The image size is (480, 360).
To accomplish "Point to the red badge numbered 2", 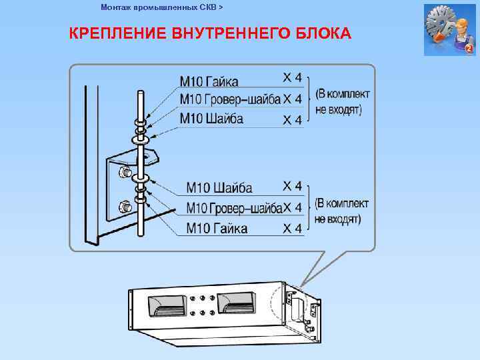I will [469, 49].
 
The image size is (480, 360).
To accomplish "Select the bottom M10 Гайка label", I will [217, 229].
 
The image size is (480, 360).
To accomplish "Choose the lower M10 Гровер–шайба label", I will [234, 209].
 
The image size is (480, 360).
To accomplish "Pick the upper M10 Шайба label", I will [211, 119].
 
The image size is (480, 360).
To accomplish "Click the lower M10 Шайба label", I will [219, 187].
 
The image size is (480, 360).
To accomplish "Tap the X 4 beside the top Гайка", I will [293, 78].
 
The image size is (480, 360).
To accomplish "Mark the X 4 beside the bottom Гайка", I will [293, 229].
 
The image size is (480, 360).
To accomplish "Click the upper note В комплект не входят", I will [342, 101].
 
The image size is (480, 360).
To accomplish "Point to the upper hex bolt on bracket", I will [123, 173].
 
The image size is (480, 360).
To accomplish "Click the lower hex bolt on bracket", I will [123, 207].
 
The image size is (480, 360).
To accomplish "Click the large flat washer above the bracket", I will [140, 141].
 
